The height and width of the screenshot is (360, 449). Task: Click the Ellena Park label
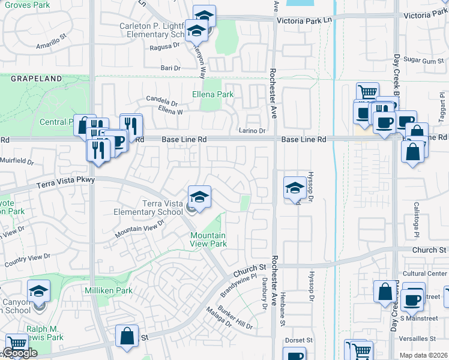click(x=212, y=94)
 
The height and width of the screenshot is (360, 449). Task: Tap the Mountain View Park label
click(x=208, y=239)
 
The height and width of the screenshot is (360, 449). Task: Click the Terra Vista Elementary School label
click(x=162, y=208)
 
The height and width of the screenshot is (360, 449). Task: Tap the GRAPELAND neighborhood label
click(x=36, y=79)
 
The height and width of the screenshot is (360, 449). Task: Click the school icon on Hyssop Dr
click(x=294, y=188)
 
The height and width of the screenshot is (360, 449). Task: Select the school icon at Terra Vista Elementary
click(x=199, y=196)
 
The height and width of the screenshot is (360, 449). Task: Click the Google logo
click(x=20, y=353)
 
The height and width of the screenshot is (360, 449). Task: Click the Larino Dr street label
click(x=252, y=130)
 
